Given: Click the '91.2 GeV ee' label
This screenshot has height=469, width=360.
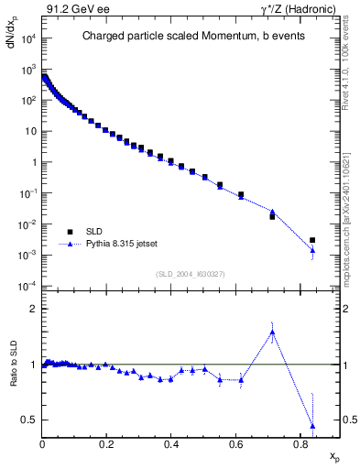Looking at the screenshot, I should (x=71, y=8).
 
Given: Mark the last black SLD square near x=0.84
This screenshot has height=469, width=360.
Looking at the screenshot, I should (x=312, y=240).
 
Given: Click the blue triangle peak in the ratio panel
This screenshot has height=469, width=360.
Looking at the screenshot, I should (x=272, y=333).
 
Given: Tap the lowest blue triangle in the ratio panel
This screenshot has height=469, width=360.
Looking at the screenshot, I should (x=312, y=426).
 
